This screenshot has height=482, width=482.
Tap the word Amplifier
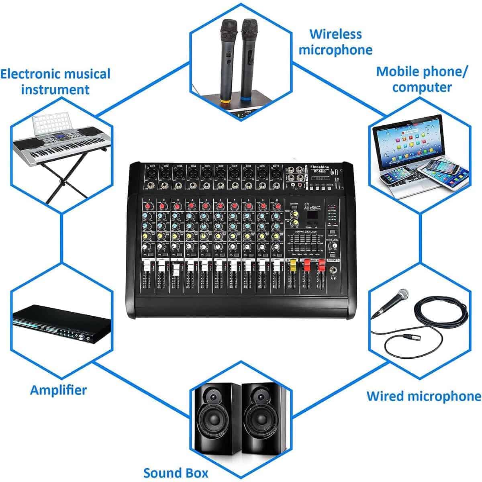58,390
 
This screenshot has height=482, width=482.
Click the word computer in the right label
422,87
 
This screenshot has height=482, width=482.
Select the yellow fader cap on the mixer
292,266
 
